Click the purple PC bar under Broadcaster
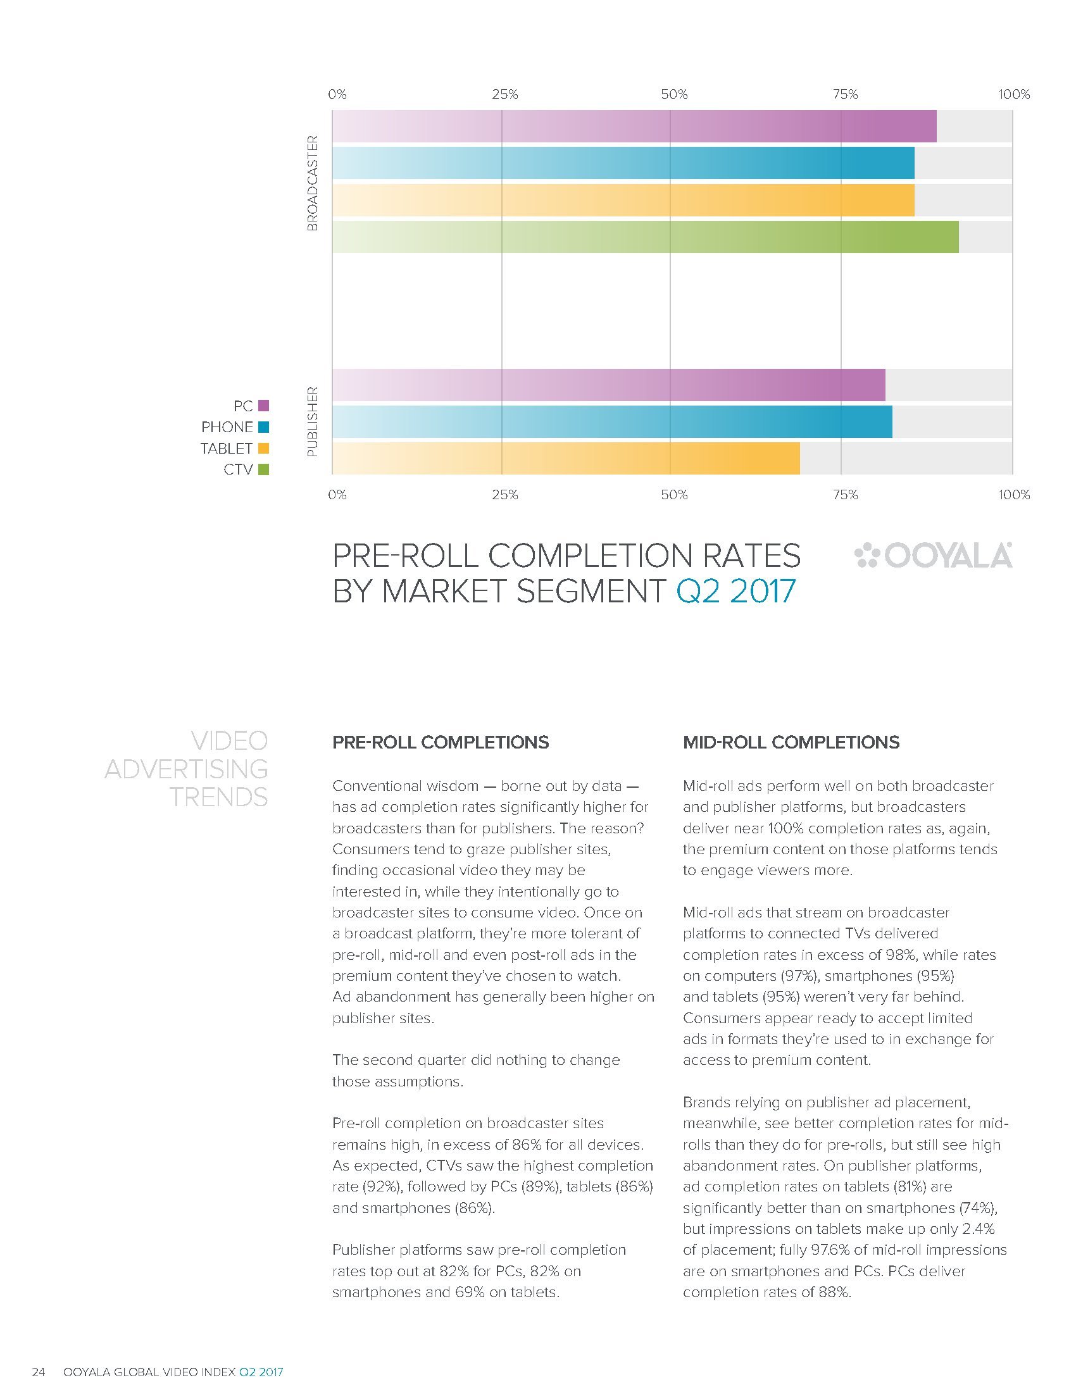click(634, 126)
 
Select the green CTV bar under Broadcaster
click(644, 237)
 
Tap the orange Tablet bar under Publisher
click(565, 458)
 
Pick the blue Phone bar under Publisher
click(611, 421)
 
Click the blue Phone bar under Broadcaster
click(623, 163)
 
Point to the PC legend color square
click(263, 406)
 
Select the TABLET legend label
click(227, 448)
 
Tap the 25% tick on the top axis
click(504, 95)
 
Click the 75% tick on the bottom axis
click(845, 495)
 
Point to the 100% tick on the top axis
click(1013, 95)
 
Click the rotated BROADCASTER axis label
click(312, 182)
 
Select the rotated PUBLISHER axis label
click(312, 421)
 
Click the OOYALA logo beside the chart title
click(932, 555)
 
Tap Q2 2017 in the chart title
click(735, 591)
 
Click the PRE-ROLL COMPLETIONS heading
click(441, 742)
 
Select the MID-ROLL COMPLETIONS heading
click(791, 742)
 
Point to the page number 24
click(38, 1372)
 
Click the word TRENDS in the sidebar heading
click(218, 797)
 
